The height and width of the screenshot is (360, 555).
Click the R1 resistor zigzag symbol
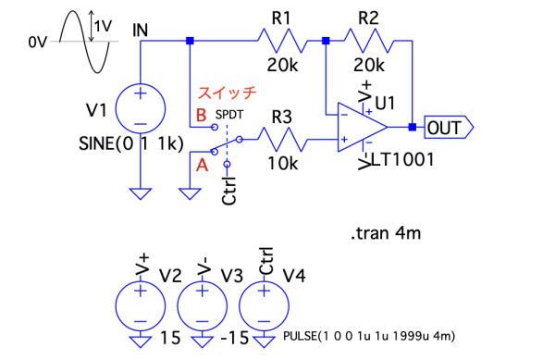(x=282, y=41)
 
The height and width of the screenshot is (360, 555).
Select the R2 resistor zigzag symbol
(x=368, y=41)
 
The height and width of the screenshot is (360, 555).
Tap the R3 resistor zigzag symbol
(x=282, y=140)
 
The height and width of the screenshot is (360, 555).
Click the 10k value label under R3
(x=283, y=164)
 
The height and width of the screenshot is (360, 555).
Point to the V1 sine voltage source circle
(x=141, y=108)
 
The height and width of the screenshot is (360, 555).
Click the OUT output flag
(x=449, y=127)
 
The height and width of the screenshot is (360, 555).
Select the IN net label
(x=141, y=31)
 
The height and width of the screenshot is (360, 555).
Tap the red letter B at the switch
(x=201, y=116)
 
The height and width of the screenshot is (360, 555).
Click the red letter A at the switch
(x=202, y=165)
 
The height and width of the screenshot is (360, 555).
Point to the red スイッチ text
(x=227, y=93)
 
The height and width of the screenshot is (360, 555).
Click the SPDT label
(x=229, y=115)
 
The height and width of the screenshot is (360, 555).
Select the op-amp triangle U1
(x=363, y=127)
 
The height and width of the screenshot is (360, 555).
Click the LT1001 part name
(x=402, y=160)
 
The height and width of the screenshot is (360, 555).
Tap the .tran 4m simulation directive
(x=386, y=233)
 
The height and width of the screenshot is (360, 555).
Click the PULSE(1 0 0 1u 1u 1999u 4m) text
(x=369, y=336)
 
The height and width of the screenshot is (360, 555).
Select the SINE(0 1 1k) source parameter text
(x=131, y=143)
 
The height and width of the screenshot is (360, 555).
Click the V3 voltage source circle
(x=202, y=305)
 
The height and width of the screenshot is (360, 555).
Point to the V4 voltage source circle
(x=264, y=305)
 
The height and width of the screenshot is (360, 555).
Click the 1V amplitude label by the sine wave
(x=104, y=26)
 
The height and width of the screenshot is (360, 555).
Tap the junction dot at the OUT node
(x=413, y=127)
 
